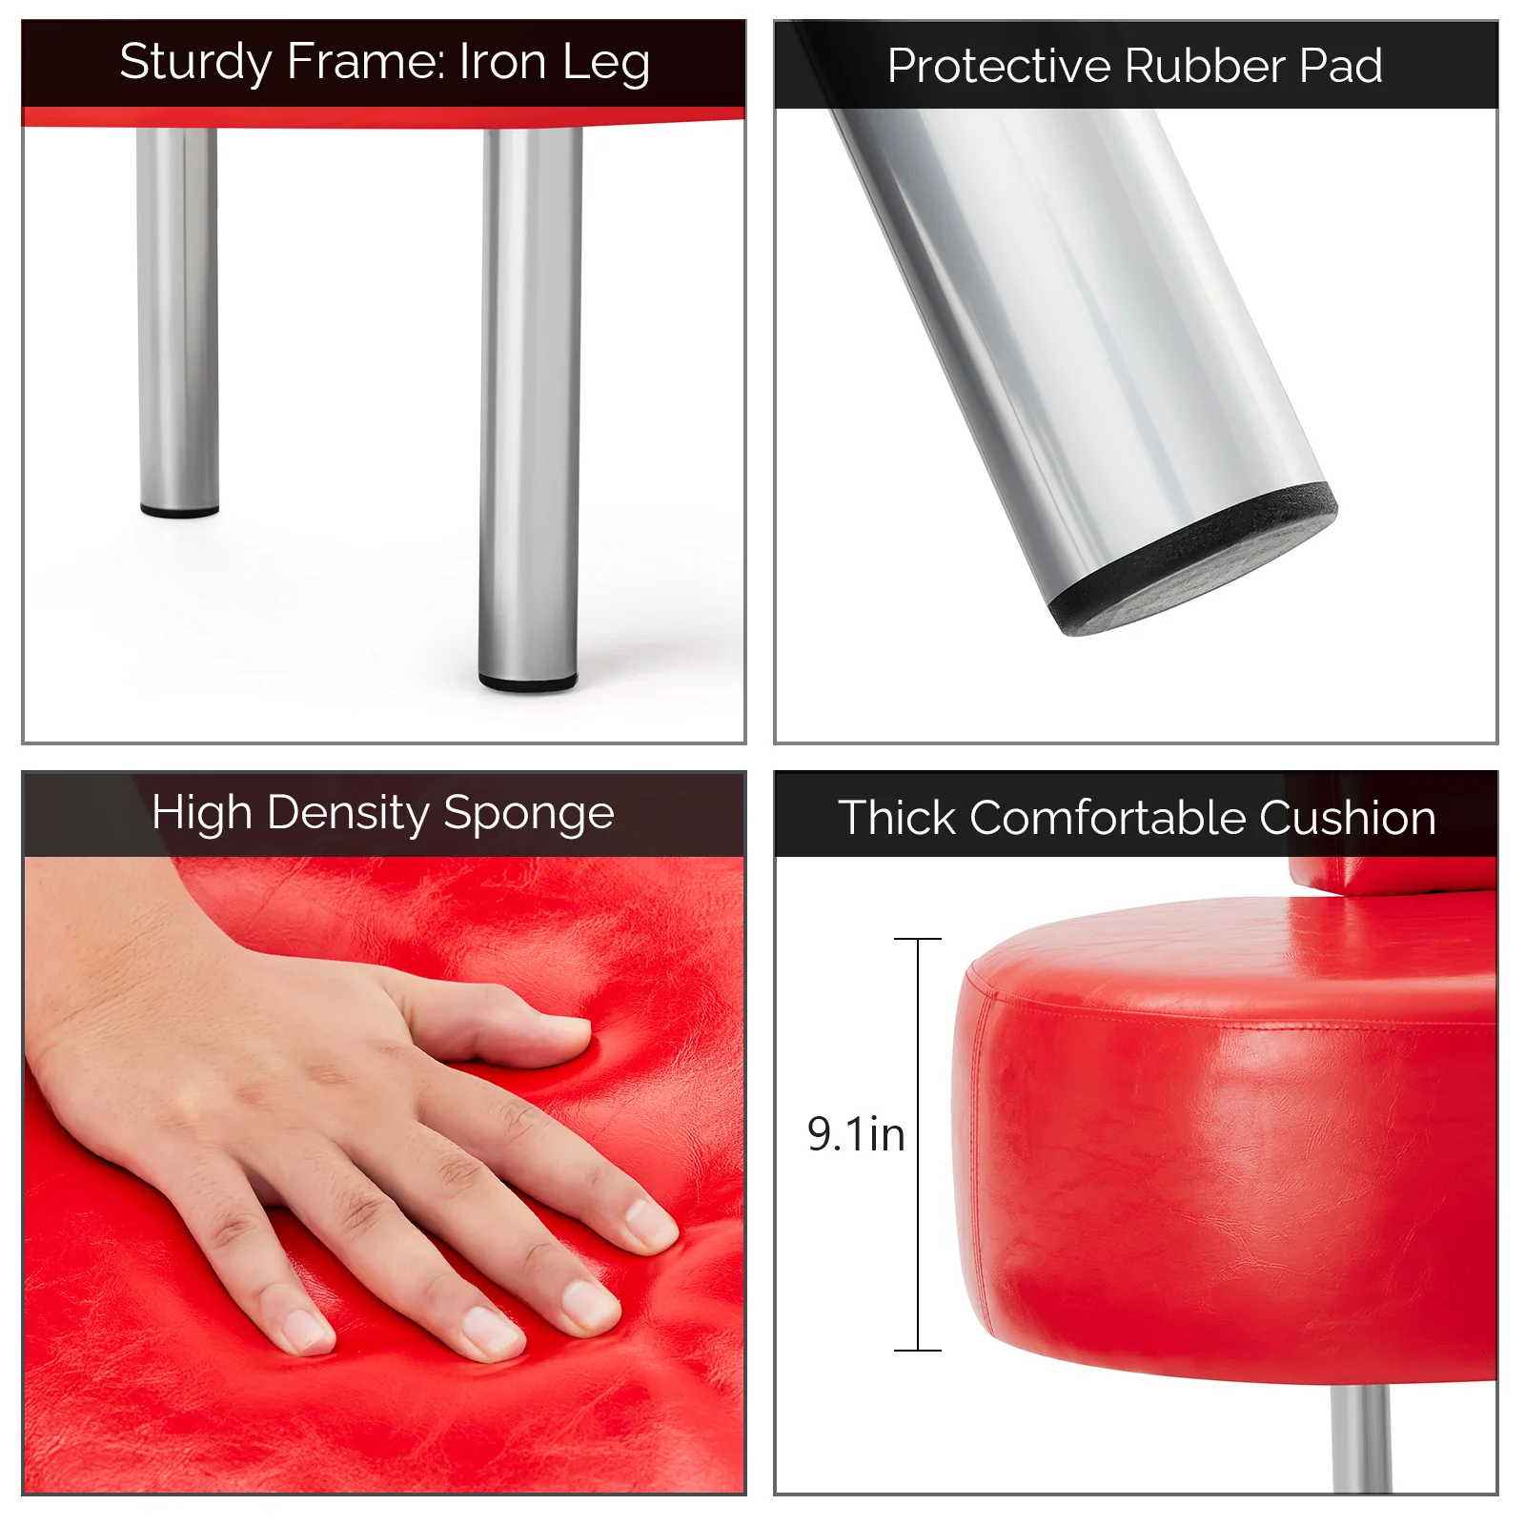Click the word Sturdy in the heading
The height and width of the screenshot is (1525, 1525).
click(x=195, y=63)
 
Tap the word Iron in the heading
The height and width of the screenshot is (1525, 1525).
click(x=502, y=62)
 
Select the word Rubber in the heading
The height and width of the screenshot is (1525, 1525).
click(x=1205, y=66)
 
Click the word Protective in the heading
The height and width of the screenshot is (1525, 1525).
click(x=998, y=66)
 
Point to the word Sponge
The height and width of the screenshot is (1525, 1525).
click(x=529, y=815)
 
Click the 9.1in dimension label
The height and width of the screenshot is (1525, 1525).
click(x=855, y=1134)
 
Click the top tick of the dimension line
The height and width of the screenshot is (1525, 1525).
click(x=917, y=940)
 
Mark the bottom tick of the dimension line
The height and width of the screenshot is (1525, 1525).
click(x=917, y=1350)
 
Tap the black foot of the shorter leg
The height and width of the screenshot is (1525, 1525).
click(x=179, y=512)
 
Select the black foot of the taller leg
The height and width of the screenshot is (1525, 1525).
click(x=527, y=682)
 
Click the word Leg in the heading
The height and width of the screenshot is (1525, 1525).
click(x=605, y=63)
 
